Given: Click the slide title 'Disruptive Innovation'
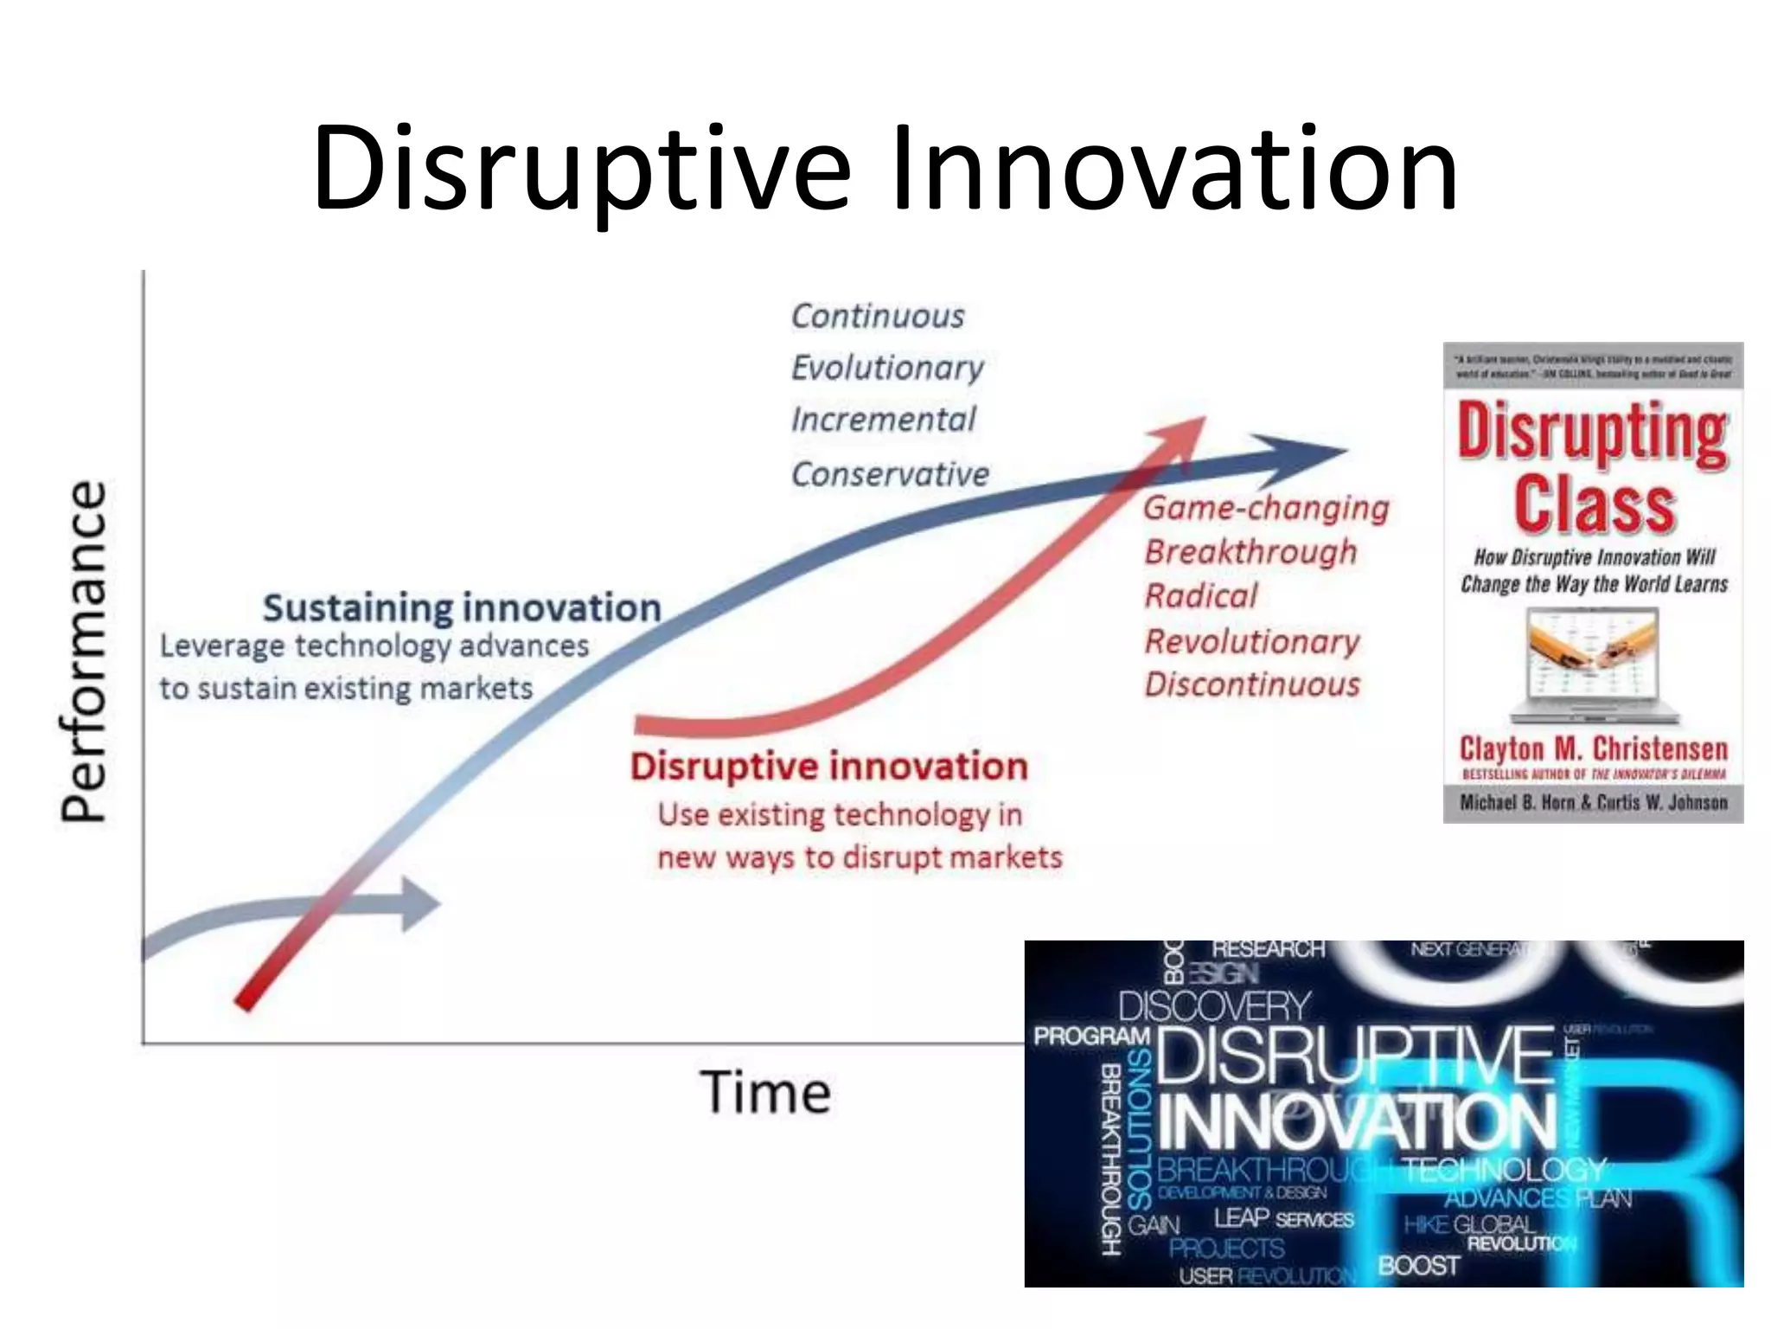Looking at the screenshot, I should (x=885, y=168).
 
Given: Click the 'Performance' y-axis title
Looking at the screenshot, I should (x=84, y=651).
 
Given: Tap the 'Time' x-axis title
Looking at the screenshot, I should (x=765, y=1093).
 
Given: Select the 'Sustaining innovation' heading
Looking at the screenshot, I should (x=462, y=608).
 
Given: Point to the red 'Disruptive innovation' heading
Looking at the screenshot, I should (x=828, y=767).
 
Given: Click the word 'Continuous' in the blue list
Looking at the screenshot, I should (x=878, y=317).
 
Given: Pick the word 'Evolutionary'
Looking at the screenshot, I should (x=887, y=369).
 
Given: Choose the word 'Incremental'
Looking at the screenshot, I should (x=883, y=421).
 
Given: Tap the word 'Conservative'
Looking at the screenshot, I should (x=890, y=474).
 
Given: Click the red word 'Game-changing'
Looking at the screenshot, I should (x=1266, y=509).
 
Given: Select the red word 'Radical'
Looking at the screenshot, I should (x=1201, y=596).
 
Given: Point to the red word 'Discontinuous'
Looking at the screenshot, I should (x=1252, y=685).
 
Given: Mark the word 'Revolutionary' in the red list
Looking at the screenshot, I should (x=1252, y=642).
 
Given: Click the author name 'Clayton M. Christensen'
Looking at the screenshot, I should (x=1593, y=748).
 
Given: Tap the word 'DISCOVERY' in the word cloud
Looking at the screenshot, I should (x=1214, y=1006).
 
